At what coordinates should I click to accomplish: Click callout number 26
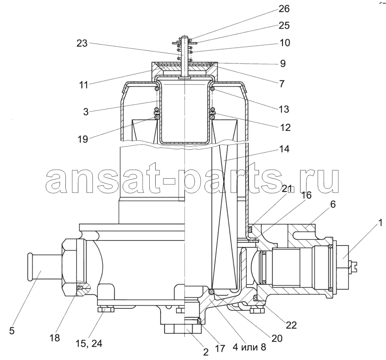[284, 9]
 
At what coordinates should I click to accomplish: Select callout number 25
[284, 25]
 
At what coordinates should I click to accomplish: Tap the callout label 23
[82, 43]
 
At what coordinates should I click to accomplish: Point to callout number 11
[83, 85]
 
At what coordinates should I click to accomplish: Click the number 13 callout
[284, 109]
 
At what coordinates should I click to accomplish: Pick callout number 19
[83, 139]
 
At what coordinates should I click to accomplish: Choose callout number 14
[285, 149]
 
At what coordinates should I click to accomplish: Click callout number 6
[333, 204]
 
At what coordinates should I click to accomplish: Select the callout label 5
[12, 331]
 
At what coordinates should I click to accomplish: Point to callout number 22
[291, 325]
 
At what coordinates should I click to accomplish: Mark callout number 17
[220, 348]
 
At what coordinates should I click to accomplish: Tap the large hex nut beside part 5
[73, 267]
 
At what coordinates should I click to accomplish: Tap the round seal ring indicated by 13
[213, 89]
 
